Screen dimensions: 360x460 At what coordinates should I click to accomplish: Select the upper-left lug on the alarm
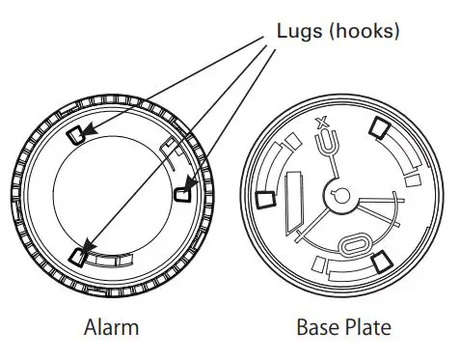click(78, 132)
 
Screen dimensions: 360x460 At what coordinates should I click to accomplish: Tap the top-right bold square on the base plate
click(380, 127)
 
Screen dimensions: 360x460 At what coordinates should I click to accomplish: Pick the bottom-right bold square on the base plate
click(380, 257)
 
